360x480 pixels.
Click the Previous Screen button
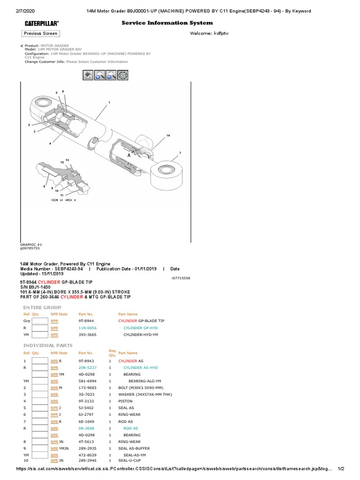click(x=40, y=33)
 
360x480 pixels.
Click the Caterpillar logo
click(x=42, y=23)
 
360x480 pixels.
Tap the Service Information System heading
click(x=167, y=22)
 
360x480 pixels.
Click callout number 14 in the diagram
click(x=168, y=135)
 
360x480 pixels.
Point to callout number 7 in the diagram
click(x=180, y=153)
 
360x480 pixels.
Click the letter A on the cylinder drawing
click(x=128, y=155)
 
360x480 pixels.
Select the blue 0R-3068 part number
click(x=86, y=428)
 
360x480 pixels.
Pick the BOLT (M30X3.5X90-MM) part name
click(x=140, y=388)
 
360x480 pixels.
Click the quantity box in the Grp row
click(x=40, y=321)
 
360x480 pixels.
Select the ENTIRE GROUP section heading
click(x=42, y=307)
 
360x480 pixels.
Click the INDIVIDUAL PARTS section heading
click(x=45, y=345)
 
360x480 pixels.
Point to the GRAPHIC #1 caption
click(x=31, y=244)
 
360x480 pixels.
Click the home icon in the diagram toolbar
click(x=88, y=75)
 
